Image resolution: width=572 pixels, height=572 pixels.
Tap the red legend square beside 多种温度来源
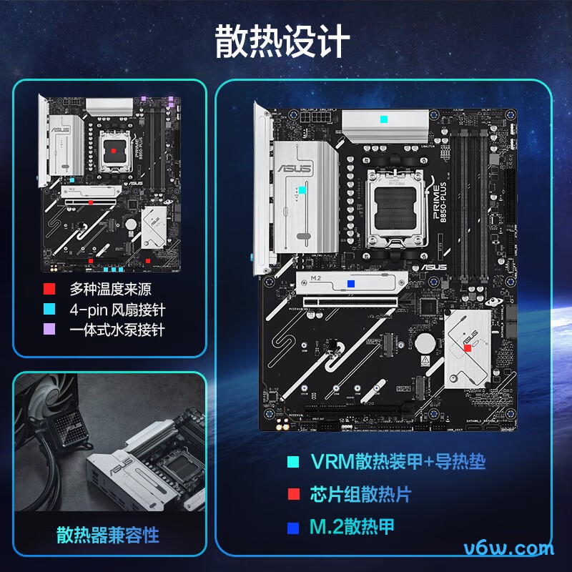tap(49, 290)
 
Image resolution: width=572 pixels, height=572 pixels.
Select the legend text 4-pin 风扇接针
tap(117, 310)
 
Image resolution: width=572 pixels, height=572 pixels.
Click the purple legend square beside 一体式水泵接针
tap(49, 330)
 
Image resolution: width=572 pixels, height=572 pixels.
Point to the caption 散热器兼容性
tap(108, 535)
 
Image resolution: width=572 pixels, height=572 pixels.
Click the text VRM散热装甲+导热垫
tap(398, 461)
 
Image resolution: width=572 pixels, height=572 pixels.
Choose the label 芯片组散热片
tap(361, 494)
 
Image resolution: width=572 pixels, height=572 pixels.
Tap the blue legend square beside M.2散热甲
tap(292, 528)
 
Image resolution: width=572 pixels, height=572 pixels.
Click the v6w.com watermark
tap(508, 548)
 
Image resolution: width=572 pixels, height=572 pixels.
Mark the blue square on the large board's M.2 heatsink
tap(350, 283)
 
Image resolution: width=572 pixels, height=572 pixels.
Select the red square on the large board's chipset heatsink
tap(468, 347)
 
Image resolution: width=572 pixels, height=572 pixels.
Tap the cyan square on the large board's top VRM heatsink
tap(384, 119)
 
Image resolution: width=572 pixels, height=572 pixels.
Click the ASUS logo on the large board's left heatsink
tap(295, 169)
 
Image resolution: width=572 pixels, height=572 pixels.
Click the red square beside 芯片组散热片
tap(292, 495)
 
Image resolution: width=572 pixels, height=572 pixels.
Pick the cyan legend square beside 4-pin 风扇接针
tap(49, 310)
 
